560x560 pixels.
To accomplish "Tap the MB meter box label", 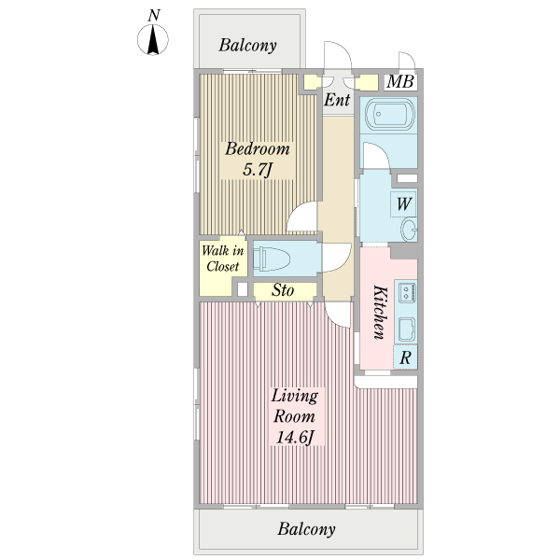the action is click(400, 81).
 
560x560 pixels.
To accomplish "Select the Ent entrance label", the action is click(337, 100).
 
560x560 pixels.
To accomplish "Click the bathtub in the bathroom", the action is click(390, 114).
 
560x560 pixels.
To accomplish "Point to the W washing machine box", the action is click(403, 204).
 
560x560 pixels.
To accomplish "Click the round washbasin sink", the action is click(409, 230).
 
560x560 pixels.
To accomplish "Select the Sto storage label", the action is click(283, 290).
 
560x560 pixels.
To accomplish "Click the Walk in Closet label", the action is click(222, 259).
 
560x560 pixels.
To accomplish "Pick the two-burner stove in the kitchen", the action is click(407, 291).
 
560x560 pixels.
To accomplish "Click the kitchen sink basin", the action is click(407, 329).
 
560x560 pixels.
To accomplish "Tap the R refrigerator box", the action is click(405, 357).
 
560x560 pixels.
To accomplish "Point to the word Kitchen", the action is click(380, 312).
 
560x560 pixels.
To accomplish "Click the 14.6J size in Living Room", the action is click(295, 437).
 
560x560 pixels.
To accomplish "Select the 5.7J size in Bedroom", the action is click(258, 169).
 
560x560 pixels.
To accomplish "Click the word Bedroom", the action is click(258, 148).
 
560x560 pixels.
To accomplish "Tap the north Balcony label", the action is click(248, 46).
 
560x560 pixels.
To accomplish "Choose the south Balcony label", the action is click(306, 529).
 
